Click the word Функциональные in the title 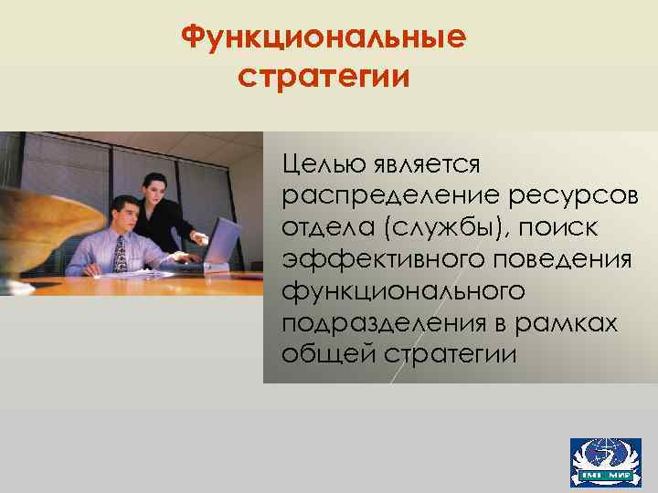(324, 38)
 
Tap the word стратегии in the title (324, 76)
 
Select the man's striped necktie (120, 254)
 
